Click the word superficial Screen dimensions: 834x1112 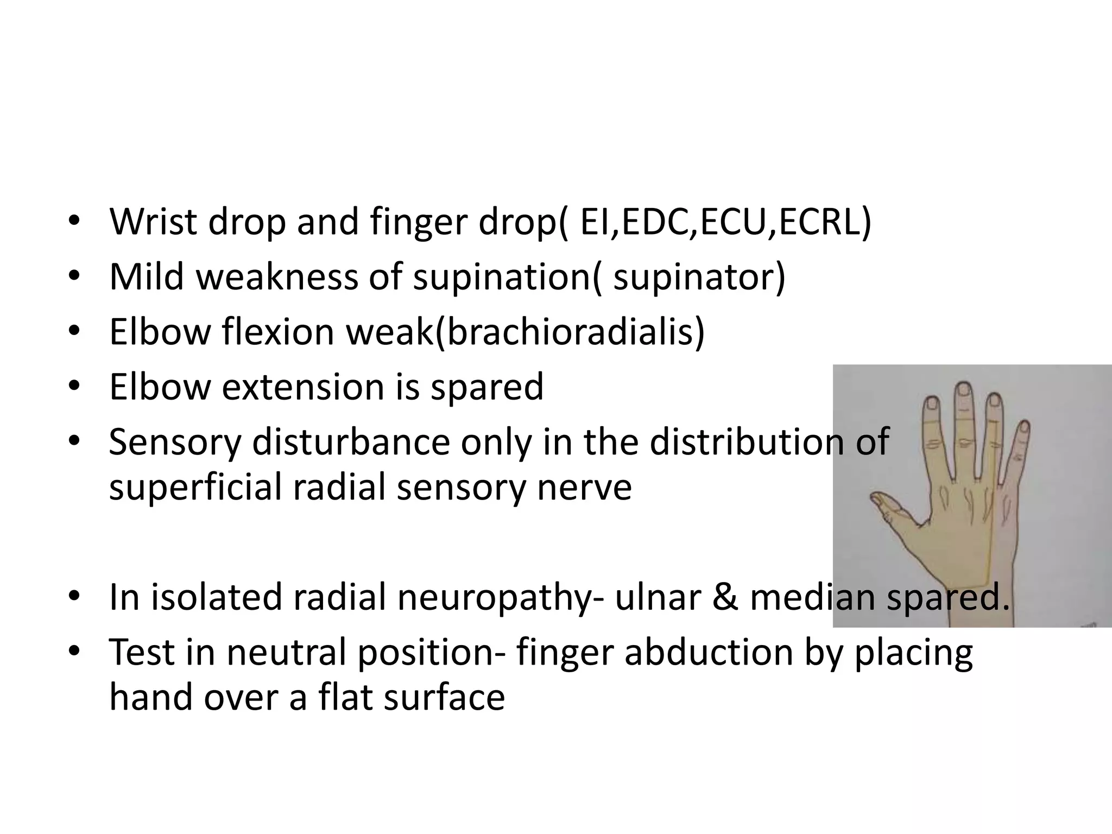tap(195, 486)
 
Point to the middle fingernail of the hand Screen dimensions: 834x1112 tap(963, 390)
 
